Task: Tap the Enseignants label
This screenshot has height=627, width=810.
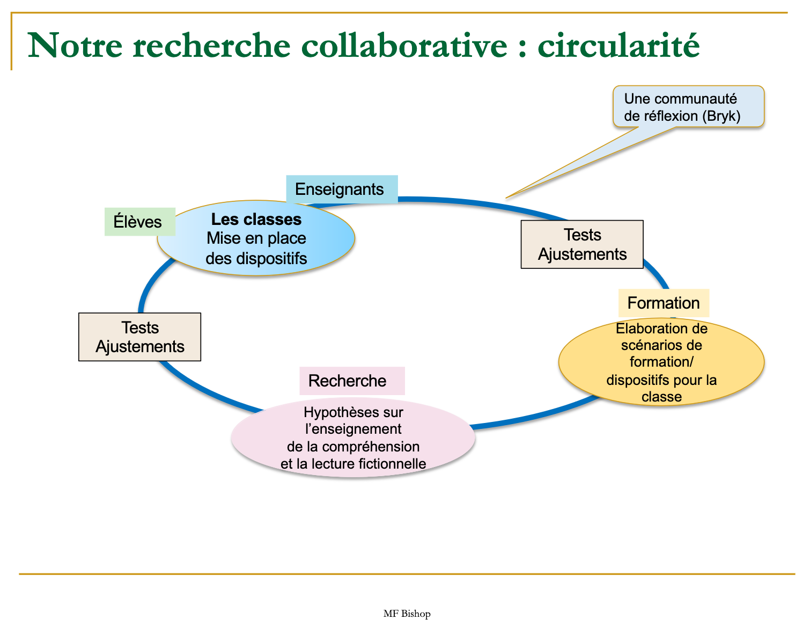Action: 340,189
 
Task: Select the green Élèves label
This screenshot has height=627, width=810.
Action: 138,222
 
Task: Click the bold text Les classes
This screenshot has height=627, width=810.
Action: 256,219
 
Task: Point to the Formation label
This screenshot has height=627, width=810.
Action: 664,303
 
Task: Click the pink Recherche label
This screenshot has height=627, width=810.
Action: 348,381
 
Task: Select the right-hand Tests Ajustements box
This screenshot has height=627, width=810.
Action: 582,244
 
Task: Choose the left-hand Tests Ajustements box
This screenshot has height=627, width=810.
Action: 140,337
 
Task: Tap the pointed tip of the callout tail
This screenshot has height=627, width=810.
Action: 506,198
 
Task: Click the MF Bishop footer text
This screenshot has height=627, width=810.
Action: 407,614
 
